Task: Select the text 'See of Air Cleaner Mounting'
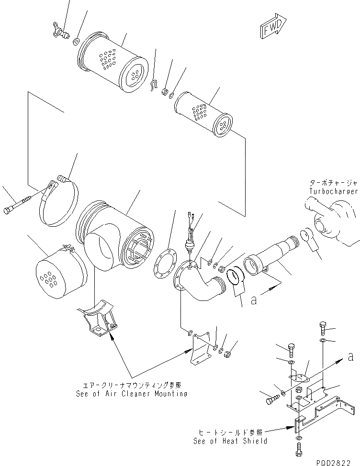131,394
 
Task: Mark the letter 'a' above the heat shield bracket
351,356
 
